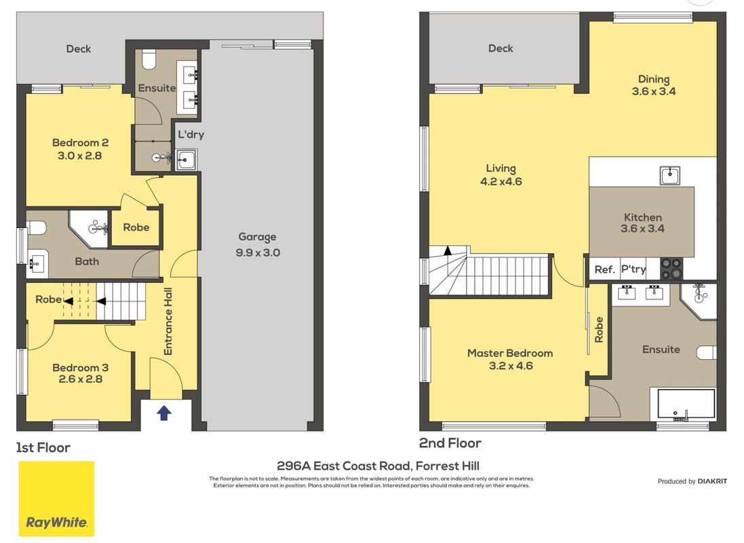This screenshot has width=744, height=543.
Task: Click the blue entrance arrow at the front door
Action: click(x=163, y=413)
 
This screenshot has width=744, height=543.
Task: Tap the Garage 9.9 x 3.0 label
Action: click(x=258, y=244)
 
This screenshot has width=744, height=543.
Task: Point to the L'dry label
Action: click(x=191, y=134)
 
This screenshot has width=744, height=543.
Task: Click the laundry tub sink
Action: click(x=186, y=160)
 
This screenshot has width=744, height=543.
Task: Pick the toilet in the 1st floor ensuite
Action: click(x=149, y=59)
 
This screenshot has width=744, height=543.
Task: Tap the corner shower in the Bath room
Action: click(x=90, y=229)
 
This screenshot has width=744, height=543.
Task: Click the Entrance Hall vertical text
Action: click(x=168, y=322)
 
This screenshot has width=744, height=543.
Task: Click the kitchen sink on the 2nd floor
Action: click(x=669, y=175)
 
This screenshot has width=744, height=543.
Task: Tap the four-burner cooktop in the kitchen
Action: click(x=671, y=269)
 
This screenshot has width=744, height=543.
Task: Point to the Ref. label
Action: click(x=604, y=270)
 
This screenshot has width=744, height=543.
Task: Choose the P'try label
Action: click(x=633, y=269)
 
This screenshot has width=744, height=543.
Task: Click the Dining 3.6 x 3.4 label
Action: click(x=654, y=85)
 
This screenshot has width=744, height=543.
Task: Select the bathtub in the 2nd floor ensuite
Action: click(x=686, y=405)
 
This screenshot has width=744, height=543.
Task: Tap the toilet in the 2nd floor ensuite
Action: click(x=707, y=352)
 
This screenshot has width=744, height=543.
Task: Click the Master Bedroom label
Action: click(x=510, y=354)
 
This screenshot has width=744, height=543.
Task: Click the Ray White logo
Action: click(x=56, y=499)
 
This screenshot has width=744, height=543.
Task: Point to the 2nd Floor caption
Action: click(x=450, y=443)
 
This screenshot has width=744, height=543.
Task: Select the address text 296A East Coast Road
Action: click(x=345, y=466)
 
